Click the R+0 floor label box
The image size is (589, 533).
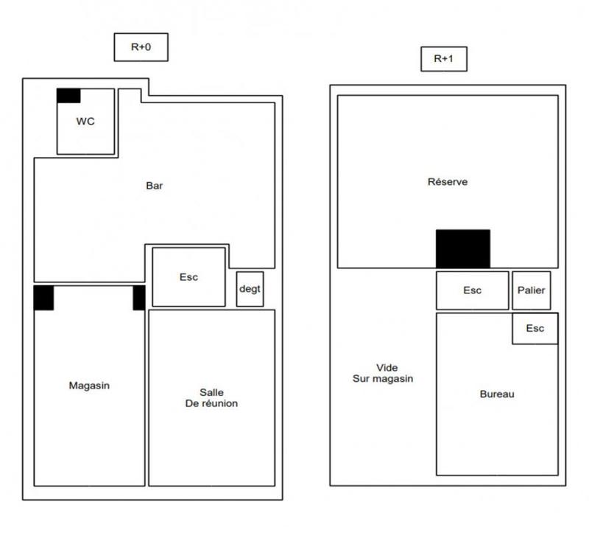(141, 46)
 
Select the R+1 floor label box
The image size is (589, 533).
(444, 59)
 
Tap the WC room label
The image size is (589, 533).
(85, 121)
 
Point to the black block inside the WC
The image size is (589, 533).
(68, 96)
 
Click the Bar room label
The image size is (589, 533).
(155, 186)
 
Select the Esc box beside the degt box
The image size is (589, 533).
(188, 277)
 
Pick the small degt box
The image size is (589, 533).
(250, 289)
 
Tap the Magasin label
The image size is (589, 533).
(89, 385)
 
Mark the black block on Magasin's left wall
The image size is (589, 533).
(43, 298)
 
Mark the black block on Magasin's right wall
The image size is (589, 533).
(138, 298)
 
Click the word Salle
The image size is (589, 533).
(211, 392)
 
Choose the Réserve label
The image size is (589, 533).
(448, 182)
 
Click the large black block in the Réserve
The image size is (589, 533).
(462, 248)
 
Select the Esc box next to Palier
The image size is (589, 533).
(472, 290)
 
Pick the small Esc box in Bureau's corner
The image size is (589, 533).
(535, 329)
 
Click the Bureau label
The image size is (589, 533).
(497, 394)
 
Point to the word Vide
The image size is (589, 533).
(387, 367)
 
